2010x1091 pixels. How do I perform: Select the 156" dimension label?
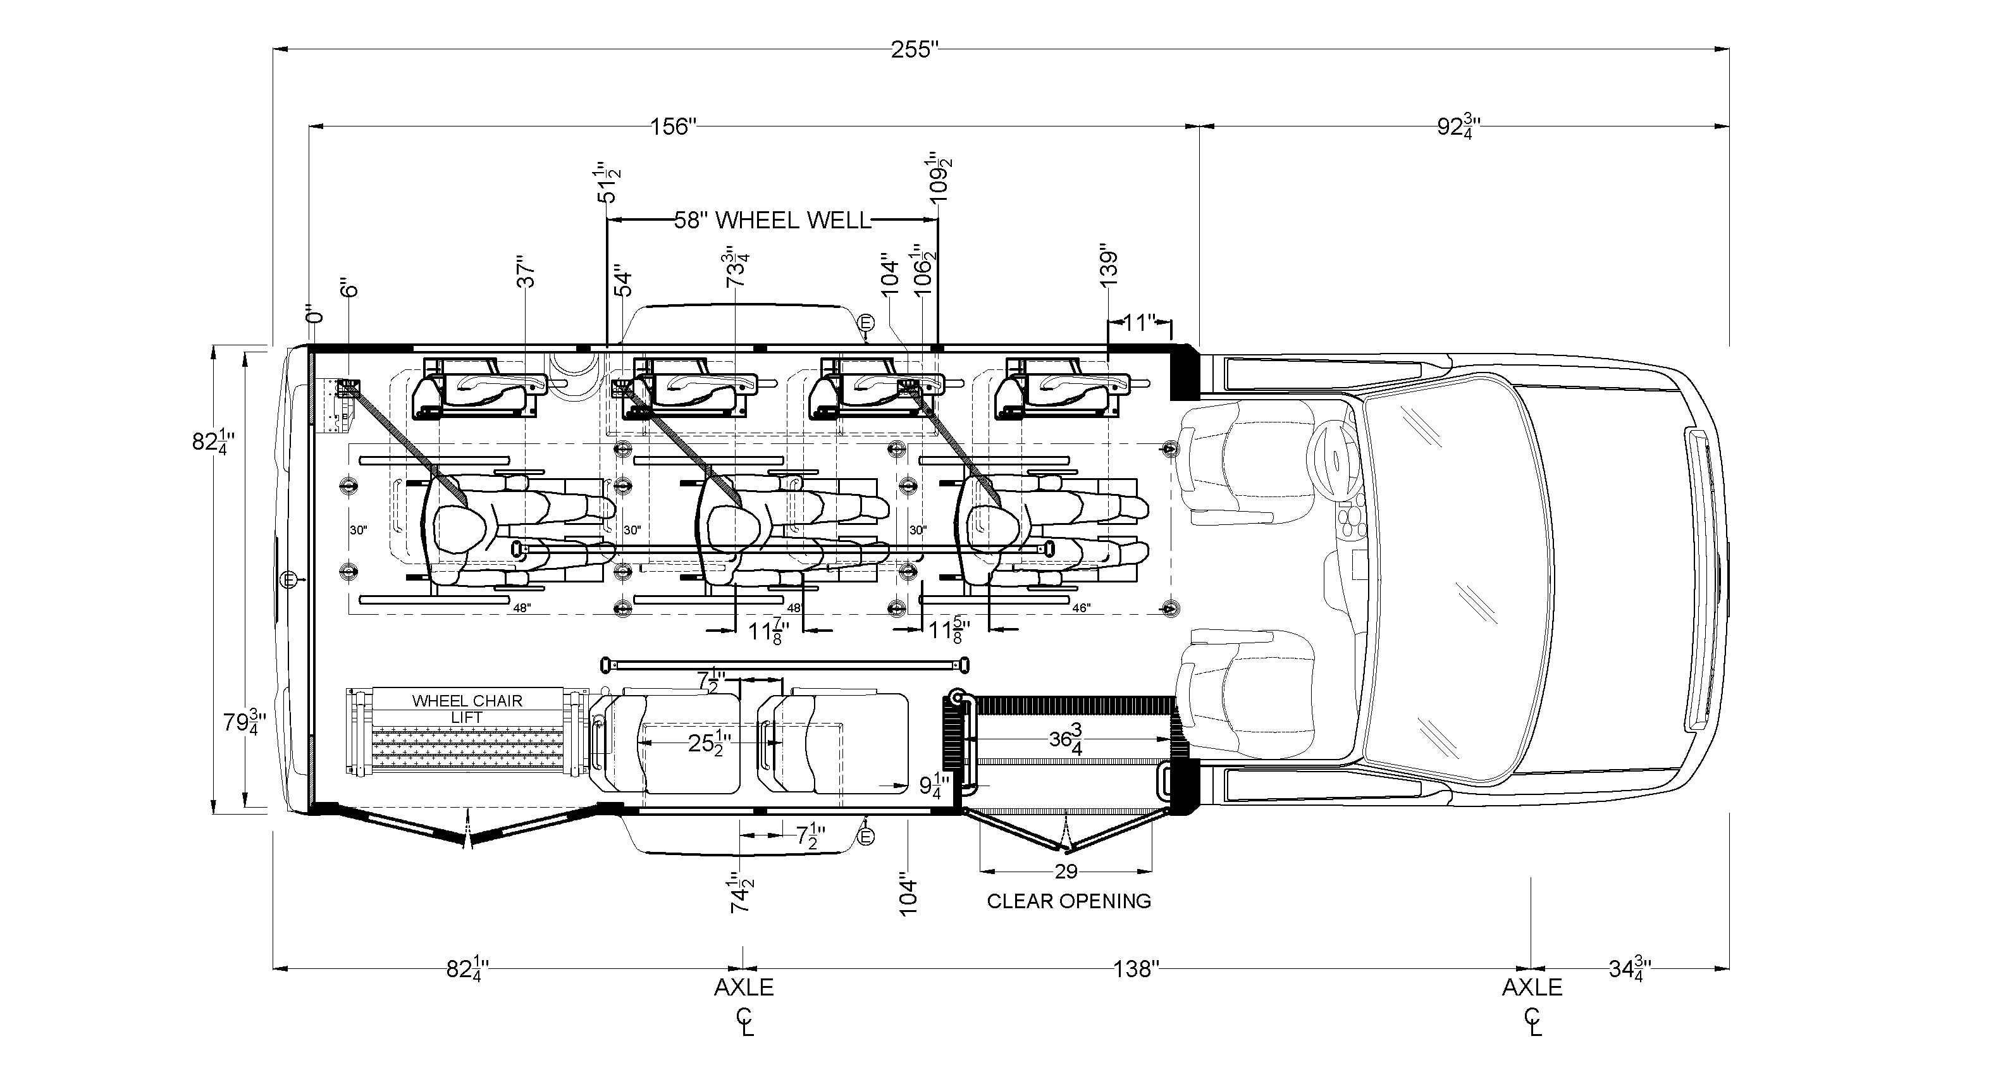coord(672,126)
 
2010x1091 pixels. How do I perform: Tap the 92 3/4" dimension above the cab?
coord(1458,126)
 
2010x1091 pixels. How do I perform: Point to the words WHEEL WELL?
coord(792,221)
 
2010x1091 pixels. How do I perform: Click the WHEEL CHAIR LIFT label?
coord(467,708)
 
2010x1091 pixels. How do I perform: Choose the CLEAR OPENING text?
coord(1069,901)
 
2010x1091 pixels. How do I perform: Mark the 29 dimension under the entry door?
coord(1066,872)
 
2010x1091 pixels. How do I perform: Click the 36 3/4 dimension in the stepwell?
coord(1066,738)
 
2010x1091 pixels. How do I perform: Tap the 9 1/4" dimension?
coord(934,785)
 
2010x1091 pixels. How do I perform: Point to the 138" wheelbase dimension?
coord(1136,970)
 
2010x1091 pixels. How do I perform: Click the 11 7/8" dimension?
coord(767,630)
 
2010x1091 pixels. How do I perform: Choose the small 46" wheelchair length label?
coord(1081,608)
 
